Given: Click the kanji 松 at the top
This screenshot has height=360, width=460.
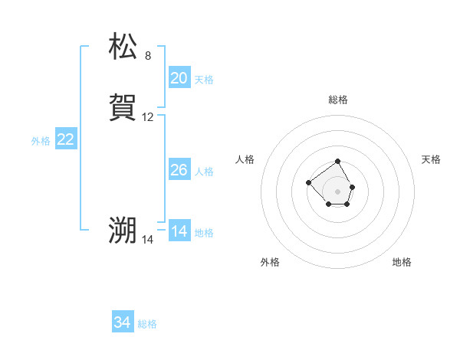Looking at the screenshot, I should [x=123, y=47].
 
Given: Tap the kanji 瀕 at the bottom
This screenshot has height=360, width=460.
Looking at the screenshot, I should [x=123, y=231].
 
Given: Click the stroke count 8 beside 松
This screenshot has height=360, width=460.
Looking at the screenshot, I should [x=148, y=56].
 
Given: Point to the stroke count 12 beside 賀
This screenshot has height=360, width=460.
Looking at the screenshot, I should [x=148, y=117].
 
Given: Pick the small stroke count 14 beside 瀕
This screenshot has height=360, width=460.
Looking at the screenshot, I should [x=148, y=240].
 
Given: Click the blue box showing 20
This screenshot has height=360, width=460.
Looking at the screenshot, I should [x=179, y=78].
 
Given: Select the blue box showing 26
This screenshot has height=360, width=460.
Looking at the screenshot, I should [x=179, y=170].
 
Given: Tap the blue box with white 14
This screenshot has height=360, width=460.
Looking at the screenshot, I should [x=179, y=231].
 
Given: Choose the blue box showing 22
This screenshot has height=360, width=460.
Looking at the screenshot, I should [x=66, y=139].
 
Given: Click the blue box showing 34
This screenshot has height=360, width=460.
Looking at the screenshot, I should [x=123, y=323].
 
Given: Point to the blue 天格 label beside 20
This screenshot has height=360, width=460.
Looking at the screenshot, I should [x=204, y=80].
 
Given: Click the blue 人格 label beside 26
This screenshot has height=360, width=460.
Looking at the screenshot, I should [x=204, y=172].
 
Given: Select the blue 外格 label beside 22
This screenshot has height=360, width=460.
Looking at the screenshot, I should [x=41, y=141].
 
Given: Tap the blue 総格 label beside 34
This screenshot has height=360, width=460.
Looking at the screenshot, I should [x=147, y=325].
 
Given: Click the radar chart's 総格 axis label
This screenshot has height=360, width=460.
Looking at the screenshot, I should [x=337, y=100].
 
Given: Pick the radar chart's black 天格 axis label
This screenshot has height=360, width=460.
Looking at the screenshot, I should [x=431, y=159].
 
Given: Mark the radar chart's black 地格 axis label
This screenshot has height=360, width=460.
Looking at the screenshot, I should [x=402, y=263].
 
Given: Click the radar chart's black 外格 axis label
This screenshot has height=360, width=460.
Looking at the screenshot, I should [x=270, y=263].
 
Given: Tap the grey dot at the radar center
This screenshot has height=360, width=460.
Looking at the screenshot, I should [x=337, y=191].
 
